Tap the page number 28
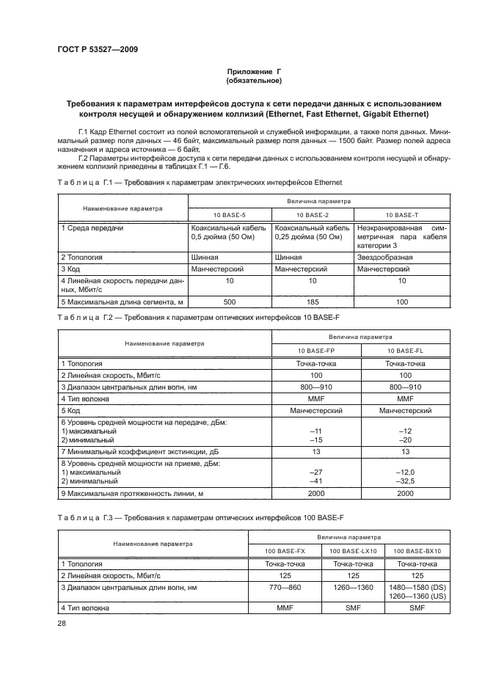point(62,623)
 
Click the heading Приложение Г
point(254,72)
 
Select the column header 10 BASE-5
point(230,214)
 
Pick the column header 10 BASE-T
point(401,214)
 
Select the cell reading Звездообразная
point(384,258)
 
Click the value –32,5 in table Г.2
point(406,481)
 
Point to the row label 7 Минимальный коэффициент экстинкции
point(139,452)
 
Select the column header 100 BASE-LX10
point(355,550)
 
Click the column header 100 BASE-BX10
point(417,550)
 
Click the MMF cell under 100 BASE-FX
point(285,608)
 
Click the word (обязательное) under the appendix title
point(254,81)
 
